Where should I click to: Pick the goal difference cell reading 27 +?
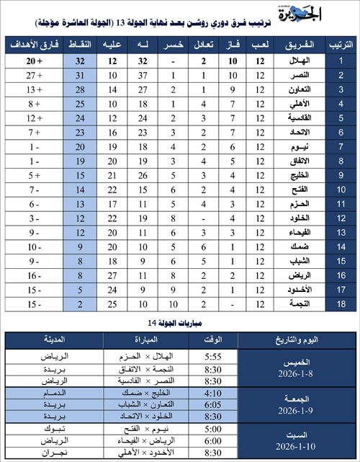click(31, 76)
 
